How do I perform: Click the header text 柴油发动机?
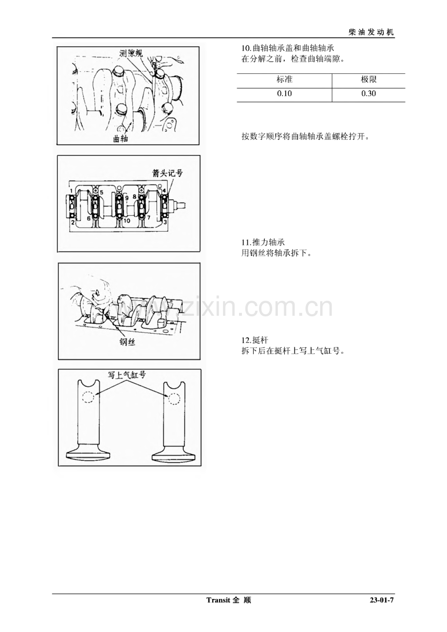click(x=371, y=32)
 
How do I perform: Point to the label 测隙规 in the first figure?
click(x=131, y=53)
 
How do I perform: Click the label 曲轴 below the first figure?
click(x=120, y=138)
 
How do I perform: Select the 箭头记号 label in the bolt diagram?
click(x=167, y=172)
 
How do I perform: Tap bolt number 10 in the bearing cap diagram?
click(x=127, y=221)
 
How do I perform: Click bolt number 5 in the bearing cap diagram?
click(x=102, y=193)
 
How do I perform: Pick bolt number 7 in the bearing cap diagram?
click(x=149, y=218)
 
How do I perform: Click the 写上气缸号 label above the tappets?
click(x=127, y=375)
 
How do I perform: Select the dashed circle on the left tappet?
click(x=88, y=397)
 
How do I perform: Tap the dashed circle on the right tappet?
click(x=174, y=399)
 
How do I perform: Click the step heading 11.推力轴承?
click(x=263, y=242)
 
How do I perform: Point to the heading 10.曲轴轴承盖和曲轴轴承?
click(x=288, y=48)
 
